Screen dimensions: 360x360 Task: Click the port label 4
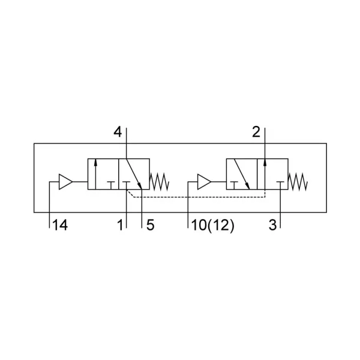tap(118, 132)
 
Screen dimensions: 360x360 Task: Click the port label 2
tap(256, 132)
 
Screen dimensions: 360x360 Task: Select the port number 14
tap(60, 225)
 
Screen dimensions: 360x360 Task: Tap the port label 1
tap(121, 225)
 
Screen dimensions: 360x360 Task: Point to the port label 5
tap(150, 225)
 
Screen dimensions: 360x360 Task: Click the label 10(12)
tap(212, 225)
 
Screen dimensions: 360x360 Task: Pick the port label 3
tap(273, 225)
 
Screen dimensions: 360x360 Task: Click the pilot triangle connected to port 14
tap(65, 182)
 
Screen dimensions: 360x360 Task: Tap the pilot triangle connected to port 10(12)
tap(204, 182)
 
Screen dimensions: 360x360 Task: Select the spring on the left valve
tap(160, 182)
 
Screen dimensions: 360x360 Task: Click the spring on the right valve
tap(298, 182)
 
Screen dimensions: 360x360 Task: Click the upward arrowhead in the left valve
tap(95, 163)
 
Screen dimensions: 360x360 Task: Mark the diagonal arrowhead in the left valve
tap(139, 185)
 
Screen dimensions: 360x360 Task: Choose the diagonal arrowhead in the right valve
tap(248, 185)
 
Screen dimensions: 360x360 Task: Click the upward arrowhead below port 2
tap(265, 163)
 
